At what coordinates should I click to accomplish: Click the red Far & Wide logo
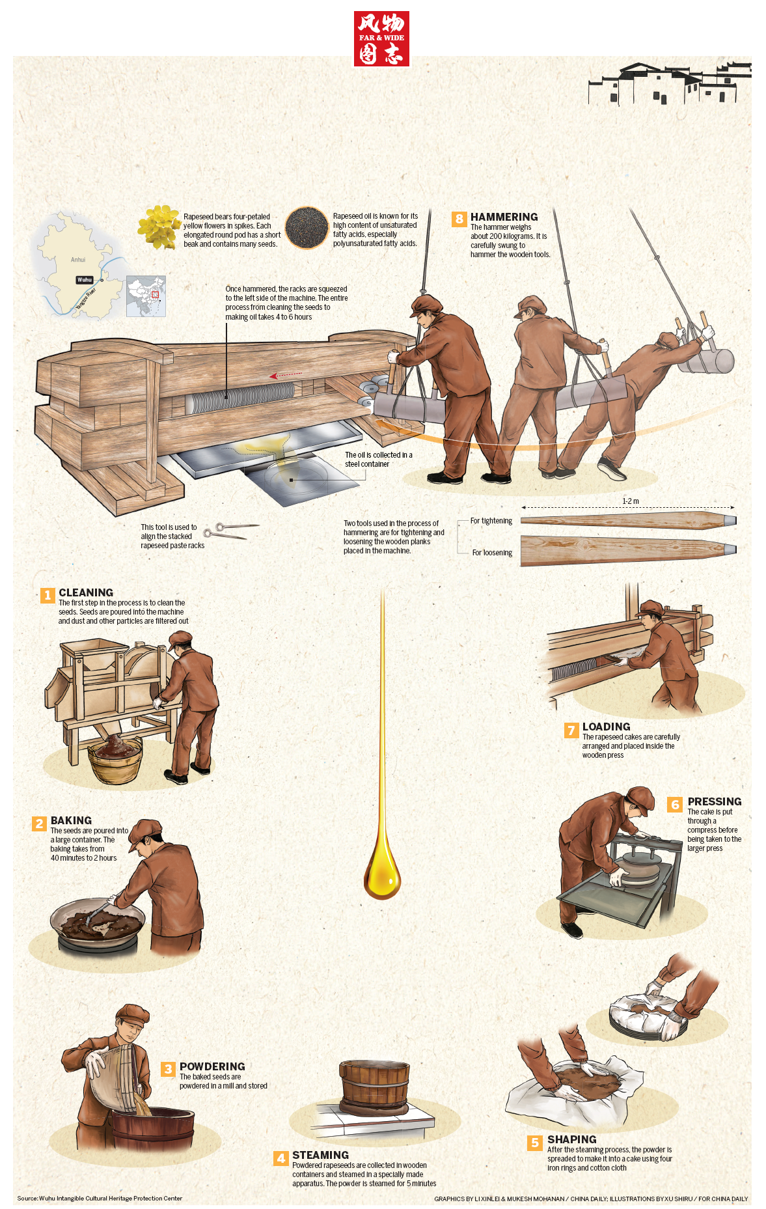click(x=381, y=38)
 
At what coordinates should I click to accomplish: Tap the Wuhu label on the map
click(x=85, y=280)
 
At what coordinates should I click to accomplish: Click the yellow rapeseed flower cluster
click(x=158, y=227)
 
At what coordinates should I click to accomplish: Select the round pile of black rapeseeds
click(x=307, y=228)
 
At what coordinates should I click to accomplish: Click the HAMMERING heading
click(x=504, y=217)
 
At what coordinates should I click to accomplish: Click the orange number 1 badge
click(x=48, y=595)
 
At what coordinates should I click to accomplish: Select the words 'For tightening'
click(x=491, y=521)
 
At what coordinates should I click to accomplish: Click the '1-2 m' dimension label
click(x=631, y=501)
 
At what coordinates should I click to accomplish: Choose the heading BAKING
click(x=71, y=820)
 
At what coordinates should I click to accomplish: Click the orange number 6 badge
click(x=676, y=805)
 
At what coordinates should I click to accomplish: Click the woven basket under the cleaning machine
click(x=115, y=759)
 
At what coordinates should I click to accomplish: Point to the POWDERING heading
click(x=212, y=1066)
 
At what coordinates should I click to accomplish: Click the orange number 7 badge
click(x=571, y=730)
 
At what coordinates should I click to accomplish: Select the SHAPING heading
click(x=572, y=1139)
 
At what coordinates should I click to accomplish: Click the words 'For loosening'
click(x=492, y=553)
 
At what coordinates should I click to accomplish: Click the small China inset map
click(x=146, y=296)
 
